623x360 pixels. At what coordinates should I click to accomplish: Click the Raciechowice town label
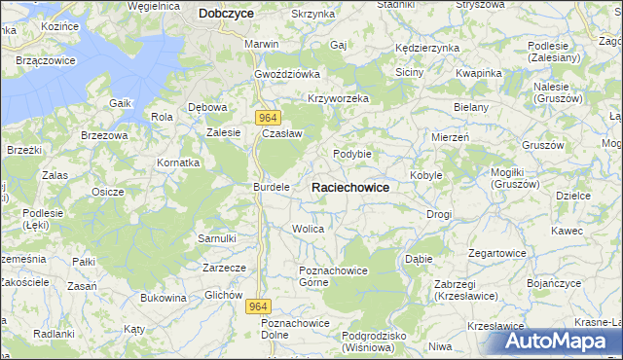[x=350, y=187]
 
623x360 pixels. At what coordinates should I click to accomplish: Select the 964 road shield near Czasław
[x=270, y=117]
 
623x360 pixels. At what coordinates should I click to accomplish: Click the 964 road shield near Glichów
[x=257, y=306]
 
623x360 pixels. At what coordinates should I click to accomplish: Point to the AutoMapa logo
[x=561, y=341]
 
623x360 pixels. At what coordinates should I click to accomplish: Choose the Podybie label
[x=352, y=154]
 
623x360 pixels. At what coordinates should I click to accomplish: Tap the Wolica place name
[x=308, y=229]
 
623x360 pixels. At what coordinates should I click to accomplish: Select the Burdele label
[x=272, y=186]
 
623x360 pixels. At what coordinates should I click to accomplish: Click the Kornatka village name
[x=178, y=162]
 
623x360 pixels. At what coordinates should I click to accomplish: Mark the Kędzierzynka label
[x=426, y=48]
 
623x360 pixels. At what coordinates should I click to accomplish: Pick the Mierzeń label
[x=451, y=138]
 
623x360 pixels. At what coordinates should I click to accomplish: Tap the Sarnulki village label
[x=217, y=238]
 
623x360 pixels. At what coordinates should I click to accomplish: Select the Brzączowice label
[x=47, y=60]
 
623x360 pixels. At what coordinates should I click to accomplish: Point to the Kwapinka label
[x=478, y=73]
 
